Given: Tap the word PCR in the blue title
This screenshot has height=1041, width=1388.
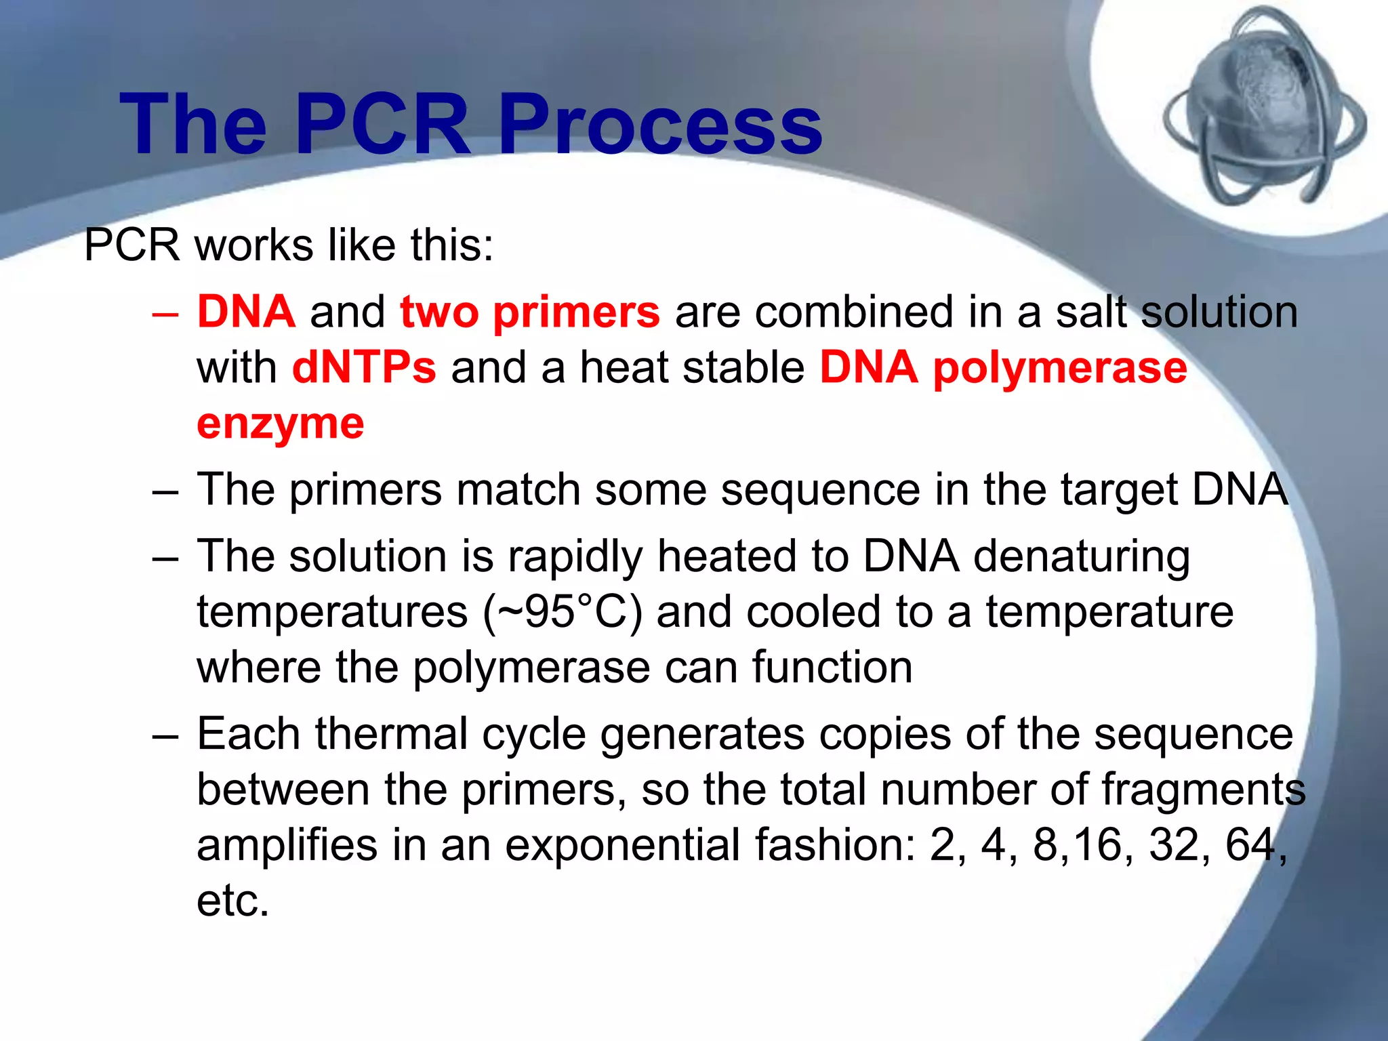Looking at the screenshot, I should point(383,125).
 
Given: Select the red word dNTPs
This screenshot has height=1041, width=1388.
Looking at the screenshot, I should point(364,368).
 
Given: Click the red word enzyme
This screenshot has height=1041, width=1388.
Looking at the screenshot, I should point(280,424).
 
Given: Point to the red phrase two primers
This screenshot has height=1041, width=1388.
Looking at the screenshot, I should point(529,312).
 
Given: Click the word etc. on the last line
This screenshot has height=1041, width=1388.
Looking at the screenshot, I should point(232,901).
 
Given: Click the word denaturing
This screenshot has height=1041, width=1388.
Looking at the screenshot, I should point(1082,557).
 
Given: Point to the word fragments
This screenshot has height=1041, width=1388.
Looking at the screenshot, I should point(1203,791).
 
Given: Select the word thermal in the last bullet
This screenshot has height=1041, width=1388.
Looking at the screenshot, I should point(391,735).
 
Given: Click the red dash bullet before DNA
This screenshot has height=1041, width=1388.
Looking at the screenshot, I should point(165,314).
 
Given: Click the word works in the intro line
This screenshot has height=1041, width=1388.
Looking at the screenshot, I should point(254,245).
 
